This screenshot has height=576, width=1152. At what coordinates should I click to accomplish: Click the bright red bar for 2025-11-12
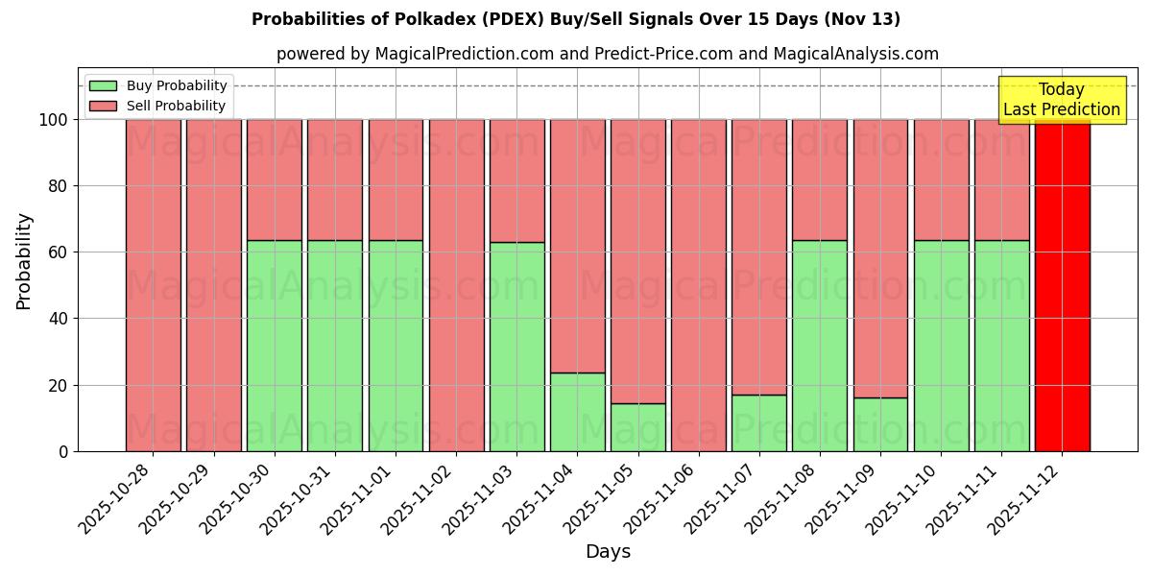coord(1062,285)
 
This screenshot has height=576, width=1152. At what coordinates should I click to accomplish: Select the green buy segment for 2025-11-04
coord(578,412)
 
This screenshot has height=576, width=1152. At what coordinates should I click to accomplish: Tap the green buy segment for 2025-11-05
coord(638,427)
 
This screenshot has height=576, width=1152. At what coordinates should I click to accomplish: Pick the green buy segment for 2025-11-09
coord(880,424)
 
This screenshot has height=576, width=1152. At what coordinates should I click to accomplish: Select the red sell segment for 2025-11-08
coord(820,180)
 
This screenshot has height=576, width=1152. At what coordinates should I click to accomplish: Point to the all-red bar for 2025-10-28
coord(154,285)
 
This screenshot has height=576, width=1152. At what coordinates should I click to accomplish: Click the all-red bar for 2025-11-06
coord(699,285)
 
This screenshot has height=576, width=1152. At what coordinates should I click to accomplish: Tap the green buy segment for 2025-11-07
coord(759,422)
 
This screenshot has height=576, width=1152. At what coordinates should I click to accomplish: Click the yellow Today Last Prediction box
coord(1062,100)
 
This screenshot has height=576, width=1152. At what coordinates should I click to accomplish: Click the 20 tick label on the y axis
coord(58,385)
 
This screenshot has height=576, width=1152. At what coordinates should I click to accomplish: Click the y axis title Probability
coord(24,261)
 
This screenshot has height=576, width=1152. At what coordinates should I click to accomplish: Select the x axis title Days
coord(608,552)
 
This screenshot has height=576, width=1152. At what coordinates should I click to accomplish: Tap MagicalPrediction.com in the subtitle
coord(464,55)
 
